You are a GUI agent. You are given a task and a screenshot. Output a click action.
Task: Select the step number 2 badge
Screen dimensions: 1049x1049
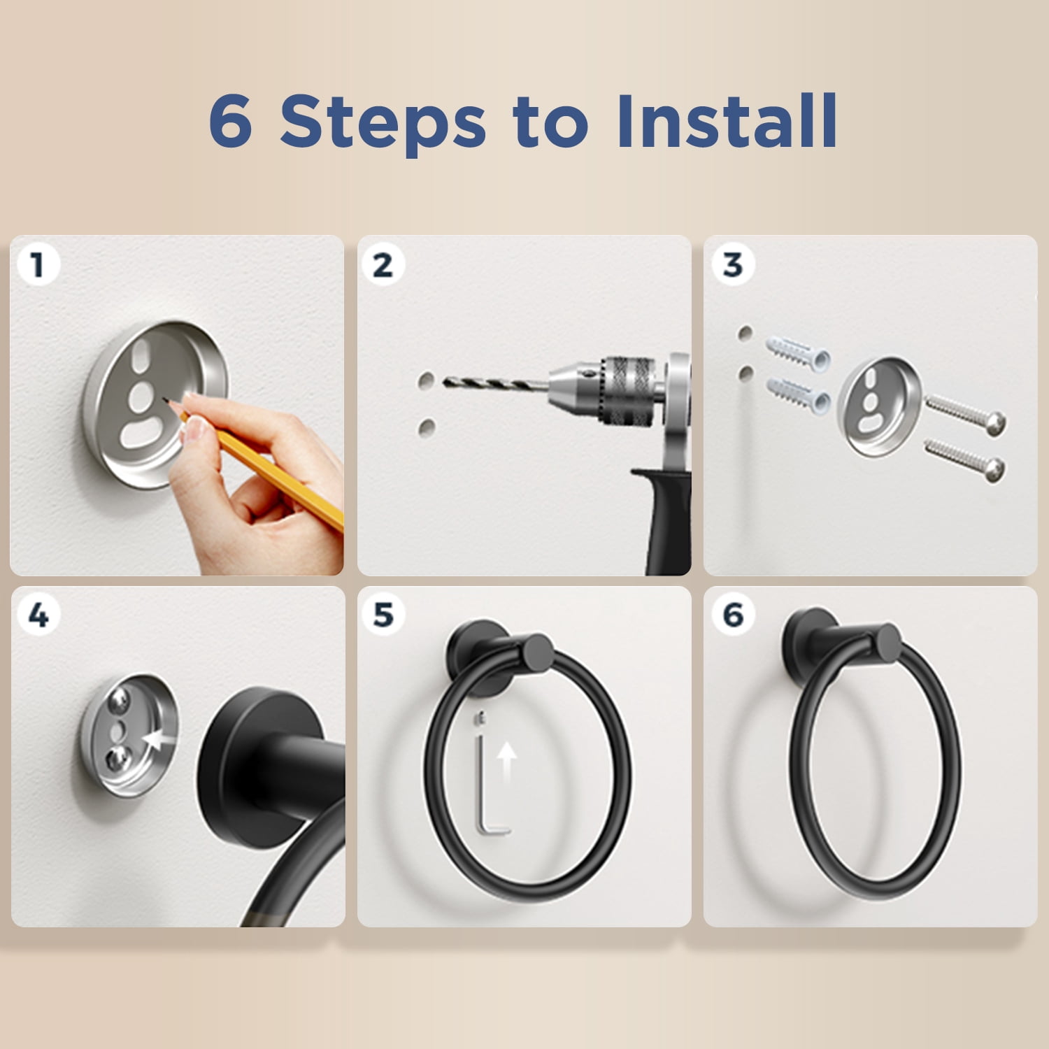(x=383, y=265)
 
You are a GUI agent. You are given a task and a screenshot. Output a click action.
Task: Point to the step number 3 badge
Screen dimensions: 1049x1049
(x=732, y=264)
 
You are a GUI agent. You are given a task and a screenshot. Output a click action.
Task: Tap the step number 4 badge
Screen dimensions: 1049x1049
(x=38, y=615)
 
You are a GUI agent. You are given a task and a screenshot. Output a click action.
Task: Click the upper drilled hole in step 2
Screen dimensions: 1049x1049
(x=427, y=380)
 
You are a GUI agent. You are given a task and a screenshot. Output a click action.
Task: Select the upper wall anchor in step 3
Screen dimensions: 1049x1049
(x=798, y=352)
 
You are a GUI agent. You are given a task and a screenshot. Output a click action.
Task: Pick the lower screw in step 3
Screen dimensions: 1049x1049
(x=966, y=459)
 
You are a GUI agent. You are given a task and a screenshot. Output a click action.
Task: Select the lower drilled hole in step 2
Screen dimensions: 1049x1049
(x=427, y=427)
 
